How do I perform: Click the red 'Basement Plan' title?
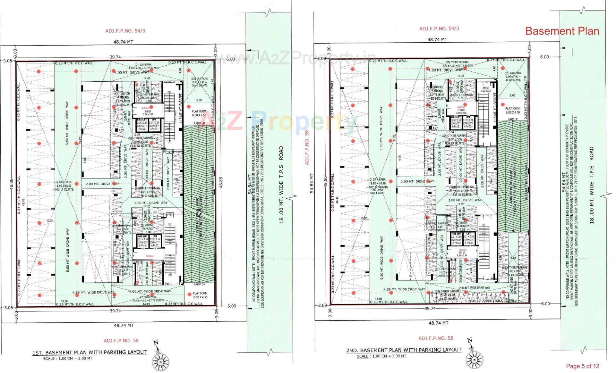point(562,31)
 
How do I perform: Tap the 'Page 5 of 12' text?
point(582,366)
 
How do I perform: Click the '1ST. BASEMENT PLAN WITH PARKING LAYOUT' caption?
point(89,352)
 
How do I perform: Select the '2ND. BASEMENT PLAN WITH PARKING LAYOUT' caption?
point(404,350)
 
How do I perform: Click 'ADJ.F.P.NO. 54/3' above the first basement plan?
point(125,31)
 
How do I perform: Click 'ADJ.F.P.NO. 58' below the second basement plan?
point(436,338)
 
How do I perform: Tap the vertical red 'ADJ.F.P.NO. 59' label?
point(307,147)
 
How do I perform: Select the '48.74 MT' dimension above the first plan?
point(123,42)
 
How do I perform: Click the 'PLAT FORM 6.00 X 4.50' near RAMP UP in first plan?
point(199,113)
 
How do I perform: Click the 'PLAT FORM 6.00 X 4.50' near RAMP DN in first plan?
point(200,295)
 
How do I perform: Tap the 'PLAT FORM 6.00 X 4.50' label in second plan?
point(512,110)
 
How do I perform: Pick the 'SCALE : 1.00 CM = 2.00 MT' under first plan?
point(67,359)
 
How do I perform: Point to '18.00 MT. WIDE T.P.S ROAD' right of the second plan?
point(591,185)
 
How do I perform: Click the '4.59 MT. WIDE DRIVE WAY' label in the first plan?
point(93,293)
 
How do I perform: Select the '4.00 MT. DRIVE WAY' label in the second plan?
point(446,70)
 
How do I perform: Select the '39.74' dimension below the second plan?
point(430,309)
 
